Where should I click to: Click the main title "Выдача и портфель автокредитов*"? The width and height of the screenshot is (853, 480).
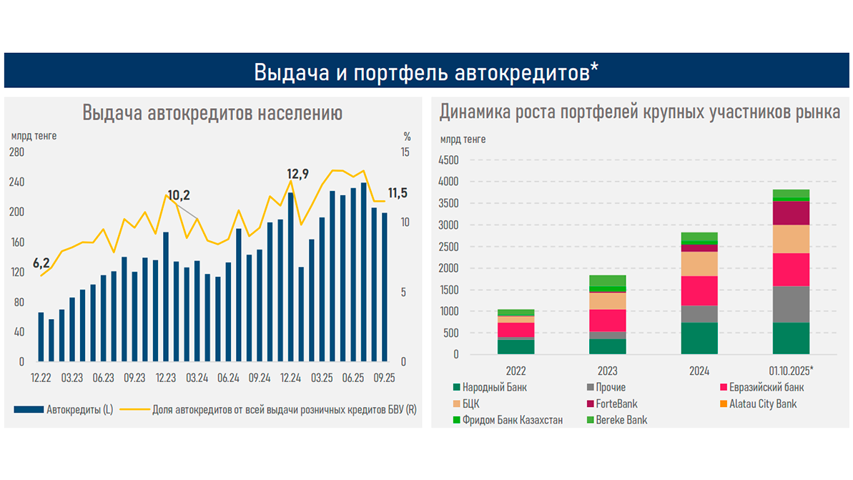[426, 72]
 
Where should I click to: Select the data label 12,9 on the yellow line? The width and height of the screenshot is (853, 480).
[298, 174]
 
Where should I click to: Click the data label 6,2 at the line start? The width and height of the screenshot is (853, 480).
[41, 263]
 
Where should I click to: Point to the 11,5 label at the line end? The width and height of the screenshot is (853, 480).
[398, 193]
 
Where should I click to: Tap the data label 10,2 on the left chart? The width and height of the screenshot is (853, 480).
[179, 195]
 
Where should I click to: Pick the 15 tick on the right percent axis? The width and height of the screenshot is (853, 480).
[405, 152]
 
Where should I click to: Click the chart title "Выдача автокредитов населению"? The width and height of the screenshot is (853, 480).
[212, 113]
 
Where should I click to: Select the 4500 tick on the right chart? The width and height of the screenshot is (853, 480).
[448, 160]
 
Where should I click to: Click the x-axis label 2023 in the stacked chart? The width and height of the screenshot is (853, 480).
[608, 371]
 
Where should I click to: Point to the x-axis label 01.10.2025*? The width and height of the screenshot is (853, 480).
[791, 371]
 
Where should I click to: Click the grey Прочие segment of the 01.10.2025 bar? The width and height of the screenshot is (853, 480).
[791, 304]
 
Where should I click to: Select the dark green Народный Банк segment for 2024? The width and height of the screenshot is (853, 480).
[699, 338]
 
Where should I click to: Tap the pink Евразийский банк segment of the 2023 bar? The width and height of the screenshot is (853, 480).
[608, 320]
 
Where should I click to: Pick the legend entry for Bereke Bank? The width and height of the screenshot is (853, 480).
[621, 420]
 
